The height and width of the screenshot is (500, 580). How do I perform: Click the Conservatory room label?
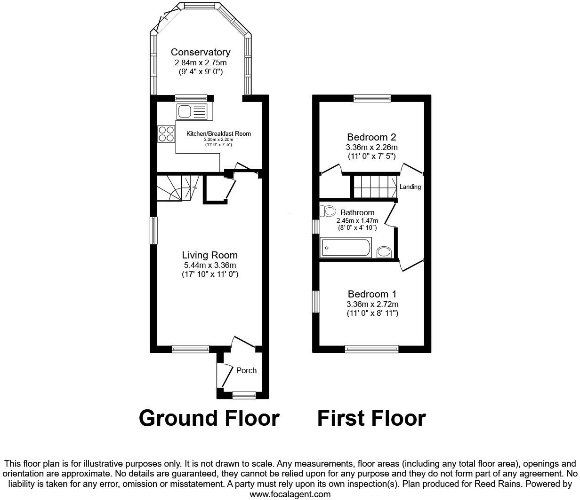click(x=200, y=52)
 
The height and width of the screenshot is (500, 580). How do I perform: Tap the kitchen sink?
click(x=192, y=112)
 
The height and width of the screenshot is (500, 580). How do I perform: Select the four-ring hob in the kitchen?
click(x=166, y=133)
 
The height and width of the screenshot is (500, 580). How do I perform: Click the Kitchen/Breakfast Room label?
click(x=218, y=134)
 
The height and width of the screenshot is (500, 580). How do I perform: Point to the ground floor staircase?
click(x=174, y=188)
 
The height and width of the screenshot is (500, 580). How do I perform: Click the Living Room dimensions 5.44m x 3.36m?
click(x=210, y=265)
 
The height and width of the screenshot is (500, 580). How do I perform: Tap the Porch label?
click(x=246, y=370)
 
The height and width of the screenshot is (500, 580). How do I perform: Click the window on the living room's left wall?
click(x=153, y=230)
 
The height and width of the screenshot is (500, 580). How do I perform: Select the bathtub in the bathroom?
click(x=346, y=248)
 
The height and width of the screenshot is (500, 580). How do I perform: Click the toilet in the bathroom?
click(x=328, y=211)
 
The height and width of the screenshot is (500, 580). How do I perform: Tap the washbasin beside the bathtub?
click(x=384, y=252)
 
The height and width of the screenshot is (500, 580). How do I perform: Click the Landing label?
click(x=410, y=187)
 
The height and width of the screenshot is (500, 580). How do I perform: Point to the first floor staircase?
click(x=374, y=187)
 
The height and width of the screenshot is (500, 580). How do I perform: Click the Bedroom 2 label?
click(x=371, y=137)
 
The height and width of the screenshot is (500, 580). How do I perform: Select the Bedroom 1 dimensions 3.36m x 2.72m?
click(x=371, y=304)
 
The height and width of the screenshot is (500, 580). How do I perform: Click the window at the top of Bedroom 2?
click(x=372, y=98)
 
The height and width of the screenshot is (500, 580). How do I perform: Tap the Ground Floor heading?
click(x=209, y=418)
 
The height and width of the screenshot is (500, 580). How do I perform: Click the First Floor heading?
click(x=371, y=418)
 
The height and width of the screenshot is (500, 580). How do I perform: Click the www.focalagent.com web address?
click(x=290, y=494)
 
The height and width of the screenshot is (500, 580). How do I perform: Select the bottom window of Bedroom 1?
click(x=371, y=349)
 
